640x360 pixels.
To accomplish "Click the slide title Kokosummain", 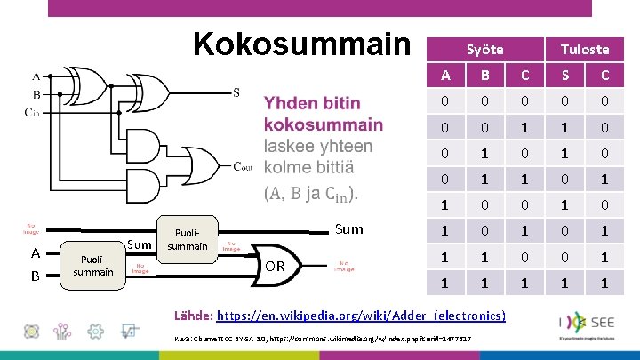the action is click(301, 44).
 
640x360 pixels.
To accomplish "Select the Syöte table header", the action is click(485, 50).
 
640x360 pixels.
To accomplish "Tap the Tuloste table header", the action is click(584, 50).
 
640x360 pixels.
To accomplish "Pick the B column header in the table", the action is click(485, 75).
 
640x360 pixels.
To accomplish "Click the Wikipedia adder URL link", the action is click(362, 316).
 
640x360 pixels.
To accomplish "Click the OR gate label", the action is click(276, 266).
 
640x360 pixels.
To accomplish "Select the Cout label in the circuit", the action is click(244, 166).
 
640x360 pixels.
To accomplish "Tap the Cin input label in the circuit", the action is click(32, 112).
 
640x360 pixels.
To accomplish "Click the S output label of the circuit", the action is click(236, 92).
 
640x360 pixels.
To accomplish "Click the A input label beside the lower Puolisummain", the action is click(36, 252).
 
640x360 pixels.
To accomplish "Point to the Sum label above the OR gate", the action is click(349, 229).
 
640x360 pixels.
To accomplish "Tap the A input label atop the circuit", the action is click(36, 76).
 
